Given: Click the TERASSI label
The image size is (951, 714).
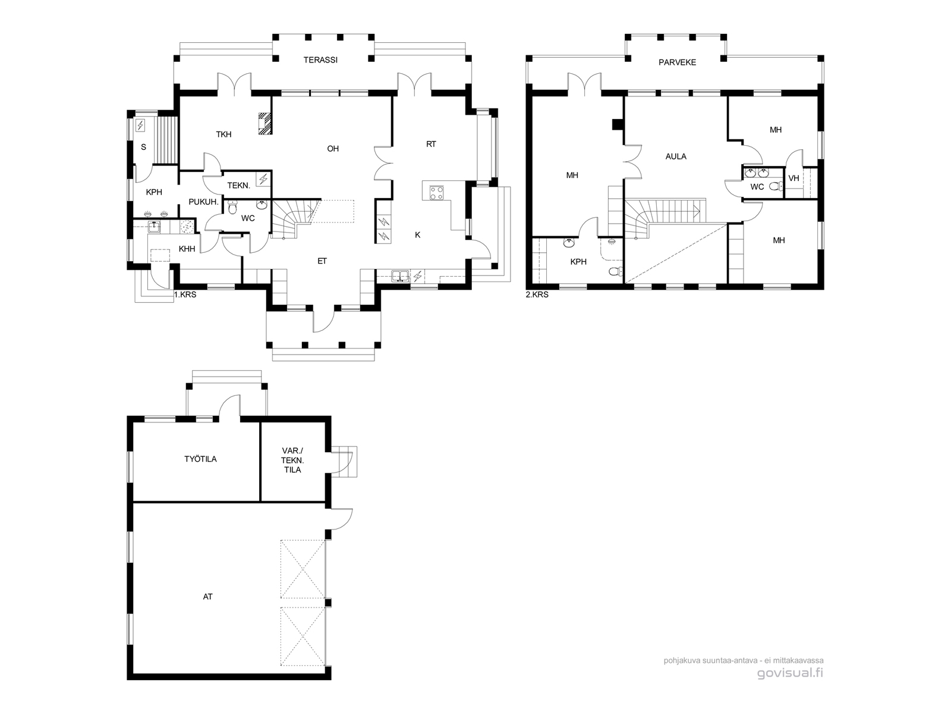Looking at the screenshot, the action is click(320, 60).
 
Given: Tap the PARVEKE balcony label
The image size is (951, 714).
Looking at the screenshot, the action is click(677, 62).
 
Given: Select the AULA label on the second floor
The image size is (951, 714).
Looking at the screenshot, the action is click(676, 156).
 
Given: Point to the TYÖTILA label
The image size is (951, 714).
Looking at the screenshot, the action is click(200, 459).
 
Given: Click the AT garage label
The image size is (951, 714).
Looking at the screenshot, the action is click(208, 597).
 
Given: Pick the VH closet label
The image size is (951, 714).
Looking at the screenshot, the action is click(793, 178).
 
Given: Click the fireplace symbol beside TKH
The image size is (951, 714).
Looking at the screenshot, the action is click(265, 123).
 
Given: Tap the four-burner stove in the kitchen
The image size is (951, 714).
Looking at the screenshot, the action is click(436, 193).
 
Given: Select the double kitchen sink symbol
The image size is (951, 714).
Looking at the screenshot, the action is click(401, 275).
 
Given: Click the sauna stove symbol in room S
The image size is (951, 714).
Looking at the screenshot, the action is click(140, 126).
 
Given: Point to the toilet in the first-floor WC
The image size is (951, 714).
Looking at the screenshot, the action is click(232, 208).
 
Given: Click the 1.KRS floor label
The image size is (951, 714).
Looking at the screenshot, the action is click(185, 295).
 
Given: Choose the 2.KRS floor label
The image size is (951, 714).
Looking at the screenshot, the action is click(537, 295).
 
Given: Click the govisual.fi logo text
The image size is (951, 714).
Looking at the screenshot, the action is click(791, 674).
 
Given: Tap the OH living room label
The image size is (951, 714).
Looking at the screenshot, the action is click(333, 149).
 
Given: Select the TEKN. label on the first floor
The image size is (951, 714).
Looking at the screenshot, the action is click(239, 186).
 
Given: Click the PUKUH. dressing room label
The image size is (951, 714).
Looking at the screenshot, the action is click(203, 202).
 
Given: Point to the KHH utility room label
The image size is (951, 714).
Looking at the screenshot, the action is click(187, 249).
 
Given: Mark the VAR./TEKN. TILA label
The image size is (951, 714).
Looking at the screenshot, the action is click(292, 460).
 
